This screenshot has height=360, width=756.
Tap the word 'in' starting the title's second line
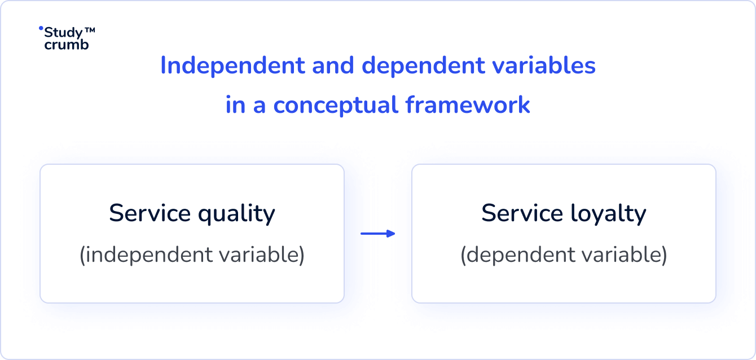235,106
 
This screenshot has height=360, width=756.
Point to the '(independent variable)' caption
192,255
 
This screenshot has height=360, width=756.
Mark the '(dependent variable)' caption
564,255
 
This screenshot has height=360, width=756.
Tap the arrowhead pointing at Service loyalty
392,234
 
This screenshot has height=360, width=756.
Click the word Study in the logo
63,33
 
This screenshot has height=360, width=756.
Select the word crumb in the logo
67,45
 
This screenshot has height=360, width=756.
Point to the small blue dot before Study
41,28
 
